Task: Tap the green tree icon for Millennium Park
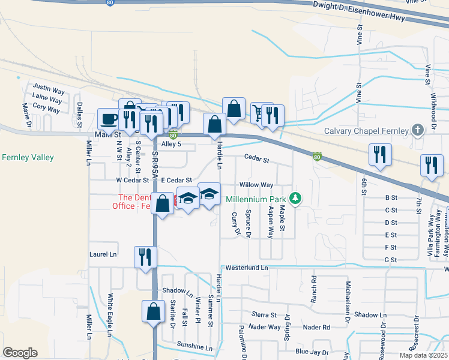pos(295,197)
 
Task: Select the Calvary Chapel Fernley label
pos(367,131)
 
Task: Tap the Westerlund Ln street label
pos(246,268)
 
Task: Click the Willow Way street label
pos(256,185)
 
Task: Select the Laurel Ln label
pos(103,254)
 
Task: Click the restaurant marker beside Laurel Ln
pos(145,257)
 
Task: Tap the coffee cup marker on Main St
pos(109,118)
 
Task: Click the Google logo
pos(20,353)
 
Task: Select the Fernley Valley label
pos(28,158)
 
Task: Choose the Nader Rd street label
pos(316,327)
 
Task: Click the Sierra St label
pos(264,314)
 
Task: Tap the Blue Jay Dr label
pos(312,352)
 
